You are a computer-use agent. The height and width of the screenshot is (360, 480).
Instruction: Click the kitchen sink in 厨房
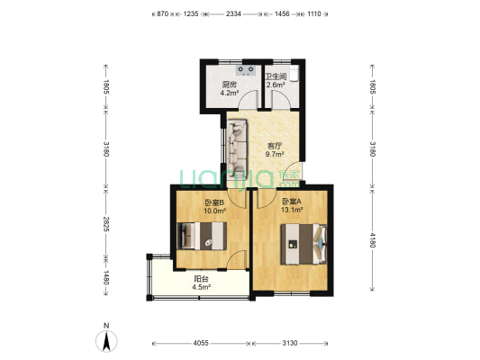point(246,71)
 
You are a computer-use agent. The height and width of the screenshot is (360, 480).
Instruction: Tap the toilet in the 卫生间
point(294,74)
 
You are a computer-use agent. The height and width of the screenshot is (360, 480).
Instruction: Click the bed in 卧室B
point(202,236)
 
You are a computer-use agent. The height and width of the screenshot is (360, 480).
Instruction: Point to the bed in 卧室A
point(304,244)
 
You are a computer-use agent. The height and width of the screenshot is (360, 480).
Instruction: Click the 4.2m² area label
point(230,93)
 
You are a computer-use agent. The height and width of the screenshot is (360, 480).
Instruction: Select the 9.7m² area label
point(275,154)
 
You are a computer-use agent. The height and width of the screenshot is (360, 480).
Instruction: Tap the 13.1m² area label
point(292,210)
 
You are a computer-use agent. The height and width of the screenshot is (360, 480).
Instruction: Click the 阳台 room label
point(201,279)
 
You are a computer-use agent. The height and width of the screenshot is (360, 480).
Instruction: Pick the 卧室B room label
point(214,202)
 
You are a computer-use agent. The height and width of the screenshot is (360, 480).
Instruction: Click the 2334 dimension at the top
point(233,13)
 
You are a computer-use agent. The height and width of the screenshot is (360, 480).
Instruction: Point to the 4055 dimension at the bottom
point(201,343)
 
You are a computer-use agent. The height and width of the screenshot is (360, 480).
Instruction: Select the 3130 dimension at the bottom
point(290,343)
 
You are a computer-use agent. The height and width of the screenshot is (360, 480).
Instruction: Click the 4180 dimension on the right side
point(373,240)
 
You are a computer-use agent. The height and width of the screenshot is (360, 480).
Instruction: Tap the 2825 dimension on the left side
point(106,224)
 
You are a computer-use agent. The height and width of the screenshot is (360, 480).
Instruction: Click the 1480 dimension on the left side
point(106,277)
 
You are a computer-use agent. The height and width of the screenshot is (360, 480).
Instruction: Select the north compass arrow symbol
point(106,341)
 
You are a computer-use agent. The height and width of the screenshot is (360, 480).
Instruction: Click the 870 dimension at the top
point(163,13)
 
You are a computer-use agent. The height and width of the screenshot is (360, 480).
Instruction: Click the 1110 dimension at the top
point(313,13)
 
